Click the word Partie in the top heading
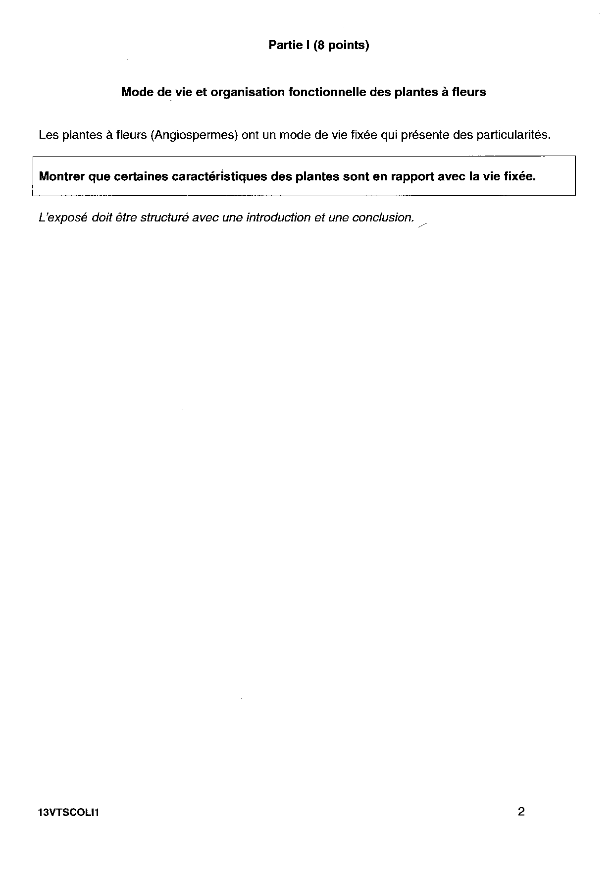[x=285, y=46]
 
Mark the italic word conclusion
[x=382, y=217]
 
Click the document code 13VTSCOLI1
[x=68, y=813]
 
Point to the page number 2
[x=521, y=812]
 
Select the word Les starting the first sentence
[x=49, y=135]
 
